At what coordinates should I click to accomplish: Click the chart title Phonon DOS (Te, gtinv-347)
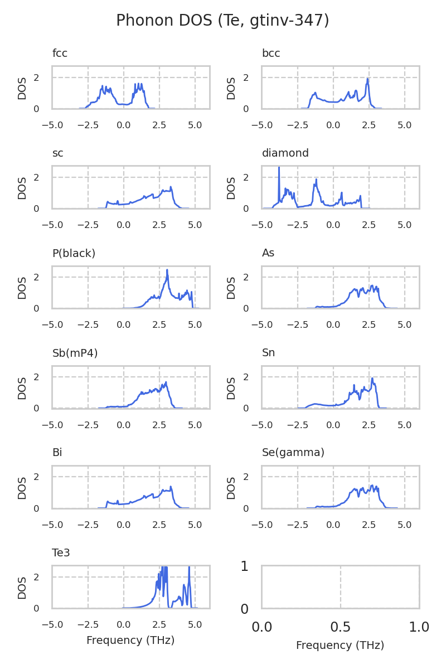(222, 21)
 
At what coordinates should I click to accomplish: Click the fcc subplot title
(60, 54)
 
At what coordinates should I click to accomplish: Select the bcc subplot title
(271, 54)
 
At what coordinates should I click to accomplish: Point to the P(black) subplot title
(74, 253)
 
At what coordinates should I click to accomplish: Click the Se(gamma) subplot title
(293, 453)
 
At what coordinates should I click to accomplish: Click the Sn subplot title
(268, 353)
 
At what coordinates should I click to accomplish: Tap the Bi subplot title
(57, 453)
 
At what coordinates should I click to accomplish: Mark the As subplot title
(268, 253)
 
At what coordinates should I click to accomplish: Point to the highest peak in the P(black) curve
(167, 271)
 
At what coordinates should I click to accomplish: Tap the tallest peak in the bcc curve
(368, 79)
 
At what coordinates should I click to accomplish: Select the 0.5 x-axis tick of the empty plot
(340, 628)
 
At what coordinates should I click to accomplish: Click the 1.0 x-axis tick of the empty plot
(419, 628)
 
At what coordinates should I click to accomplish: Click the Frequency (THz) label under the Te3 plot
(130, 641)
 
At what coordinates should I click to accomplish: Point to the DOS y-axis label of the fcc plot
(22, 88)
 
